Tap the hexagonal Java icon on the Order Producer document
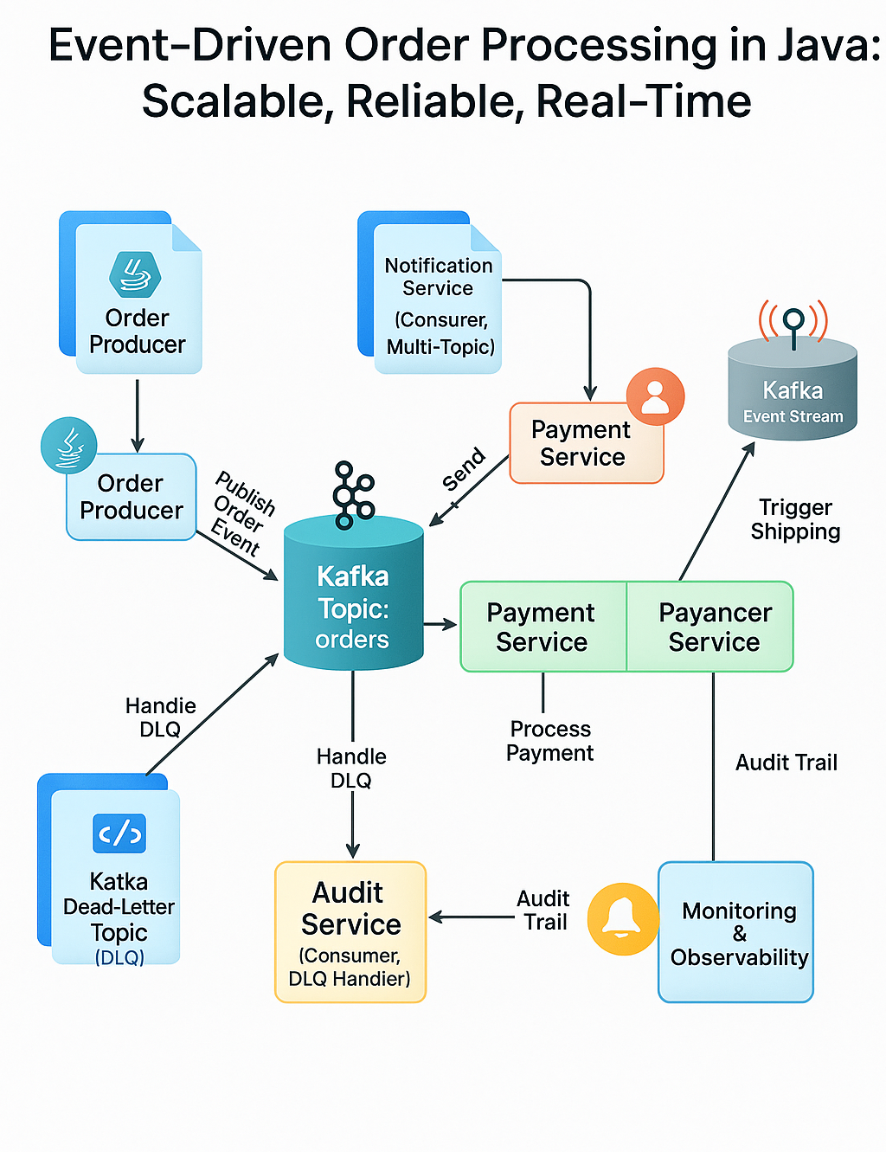tap(135, 274)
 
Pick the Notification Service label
tap(439, 277)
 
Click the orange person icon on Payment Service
tap(655, 396)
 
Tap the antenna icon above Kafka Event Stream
tap(793, 322)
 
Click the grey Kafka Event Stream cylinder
tap(793, 394)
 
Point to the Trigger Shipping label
tap(795, 519)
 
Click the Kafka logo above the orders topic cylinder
tap(353, 494)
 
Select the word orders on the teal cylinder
tap(352, 640)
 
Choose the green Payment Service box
tap(543, 627)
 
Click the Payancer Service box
tap(711, 627)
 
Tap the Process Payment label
tap(549, 741)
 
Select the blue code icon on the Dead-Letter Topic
tap(119, 833)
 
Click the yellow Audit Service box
tap(350, 932)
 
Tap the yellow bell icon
tap(621, 918)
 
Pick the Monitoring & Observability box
tap(736, 933)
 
